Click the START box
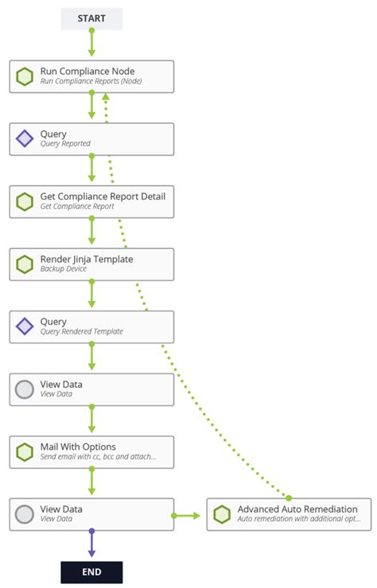[x=91, y=18]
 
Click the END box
[x=91, y=571]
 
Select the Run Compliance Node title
[x=87, y=71]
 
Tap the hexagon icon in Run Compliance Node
[x=25, y=76]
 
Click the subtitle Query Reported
[x=65, y=144]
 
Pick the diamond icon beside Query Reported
[x=25, y=139]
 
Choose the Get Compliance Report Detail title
[x=103, y=196]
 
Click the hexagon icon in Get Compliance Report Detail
[x=25, y=202]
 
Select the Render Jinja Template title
[x=87, y=259]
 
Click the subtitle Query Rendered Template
[x=82, y=331]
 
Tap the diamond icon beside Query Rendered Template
[x=25, y=327]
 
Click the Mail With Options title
[x=78, y=447]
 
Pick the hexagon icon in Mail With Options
[x=25, y=452]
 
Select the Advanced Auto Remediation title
[x=297, y=509]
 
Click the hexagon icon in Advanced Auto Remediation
[x=222, y=515]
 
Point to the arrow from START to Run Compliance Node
[x=91, y=44]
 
